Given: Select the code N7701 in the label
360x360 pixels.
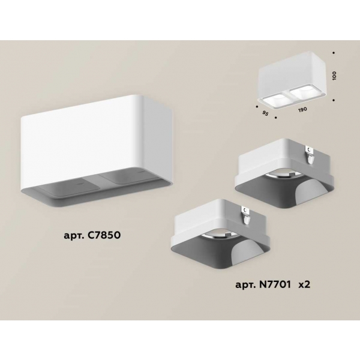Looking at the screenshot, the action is (x=275, y=284).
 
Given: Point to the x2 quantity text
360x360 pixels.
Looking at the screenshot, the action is (x=304, y=285).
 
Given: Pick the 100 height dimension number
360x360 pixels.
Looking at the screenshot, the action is (x=334, y=76).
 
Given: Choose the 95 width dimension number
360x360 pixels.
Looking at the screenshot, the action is (x=265, y=113).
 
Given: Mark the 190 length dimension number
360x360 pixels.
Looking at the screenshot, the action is (x=302, y=110).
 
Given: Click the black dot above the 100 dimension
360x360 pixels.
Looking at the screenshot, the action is (x=334, y=53).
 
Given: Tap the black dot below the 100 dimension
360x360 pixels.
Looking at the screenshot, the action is (x=334, y=100).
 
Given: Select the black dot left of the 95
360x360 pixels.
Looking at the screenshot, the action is (x=257, y=106).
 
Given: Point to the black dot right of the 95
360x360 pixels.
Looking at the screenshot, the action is (x=276, y=118).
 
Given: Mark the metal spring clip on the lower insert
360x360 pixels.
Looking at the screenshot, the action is (x=245, y=215).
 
